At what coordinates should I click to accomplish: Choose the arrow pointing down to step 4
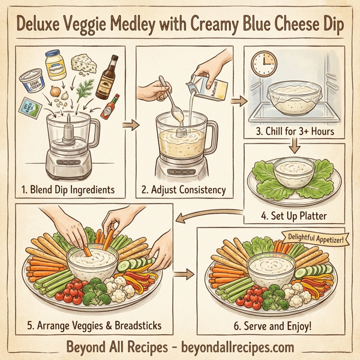pos(294,146)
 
